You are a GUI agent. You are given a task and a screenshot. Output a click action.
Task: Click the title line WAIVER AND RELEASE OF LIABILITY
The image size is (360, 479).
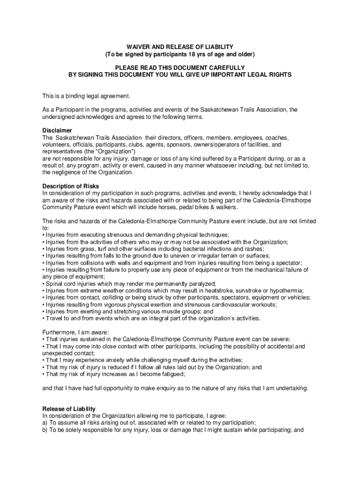(x=180, y=47)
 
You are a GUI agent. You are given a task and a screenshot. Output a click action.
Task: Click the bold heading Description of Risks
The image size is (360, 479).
(x=71, y=186)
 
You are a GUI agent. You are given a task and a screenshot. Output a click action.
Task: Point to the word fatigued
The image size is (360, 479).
(x=171, y=374)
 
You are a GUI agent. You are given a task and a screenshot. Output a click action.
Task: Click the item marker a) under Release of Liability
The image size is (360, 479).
(x=45, y=422)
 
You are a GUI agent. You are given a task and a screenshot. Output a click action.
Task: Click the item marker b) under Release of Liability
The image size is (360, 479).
(x=45, y=429)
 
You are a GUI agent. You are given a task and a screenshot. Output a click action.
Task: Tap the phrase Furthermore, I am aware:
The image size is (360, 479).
(x=75, y=332)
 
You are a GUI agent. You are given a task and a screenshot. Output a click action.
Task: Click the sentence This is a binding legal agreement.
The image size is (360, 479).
(x=86, y=96)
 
